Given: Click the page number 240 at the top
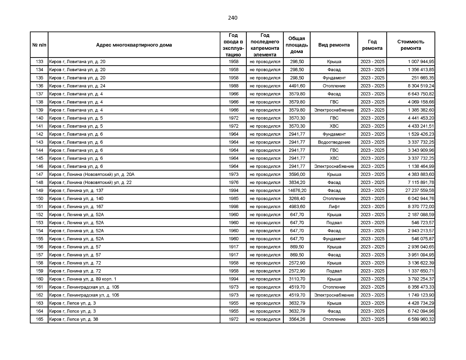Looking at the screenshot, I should pyautogui.click(x=233, y=18).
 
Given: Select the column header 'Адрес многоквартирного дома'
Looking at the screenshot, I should pyautogui.click(x=134, y=45).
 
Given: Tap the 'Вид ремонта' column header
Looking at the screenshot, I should pyautogui.click(x=334, y=45).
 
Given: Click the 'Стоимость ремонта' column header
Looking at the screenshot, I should pyautogui.click(x=410, y=45).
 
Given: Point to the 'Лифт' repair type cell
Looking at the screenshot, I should pyautogui.click(x=334, y=207).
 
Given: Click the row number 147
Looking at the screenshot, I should pyautogui.click(x=39, y=175).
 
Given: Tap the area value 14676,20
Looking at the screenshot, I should pyautogui.click(x=297, y=190).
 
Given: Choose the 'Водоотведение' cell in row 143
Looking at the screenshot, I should pyautogui.click(x=334, y=142).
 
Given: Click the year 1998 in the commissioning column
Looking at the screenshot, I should pyautogui.click(x=233, y=207).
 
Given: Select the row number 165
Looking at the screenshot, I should pyautogui.click(x=39, y=319).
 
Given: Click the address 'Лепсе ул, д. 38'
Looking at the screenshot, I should pyautogui.click(x=74, y=319).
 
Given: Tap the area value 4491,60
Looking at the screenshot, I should pyautogui.click(x=297, y=86).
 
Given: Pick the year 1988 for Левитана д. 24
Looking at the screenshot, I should pyautogui.click(x=233, y=86).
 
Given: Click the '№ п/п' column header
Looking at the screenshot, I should pyautogui.click(x=39, y=45).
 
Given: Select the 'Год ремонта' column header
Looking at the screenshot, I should pyautogui.click(x=372, y=45).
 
